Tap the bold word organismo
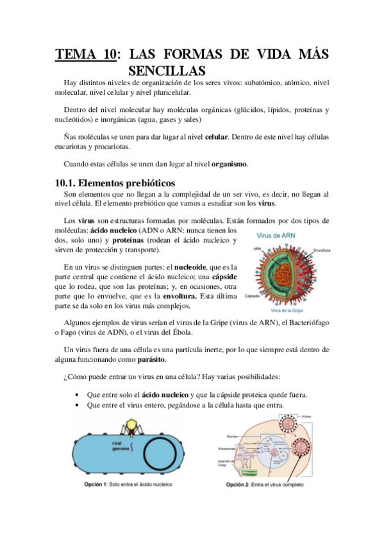pyautogui.click(x=227, y=163)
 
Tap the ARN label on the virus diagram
pyautogui.click(x=257, y=249)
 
